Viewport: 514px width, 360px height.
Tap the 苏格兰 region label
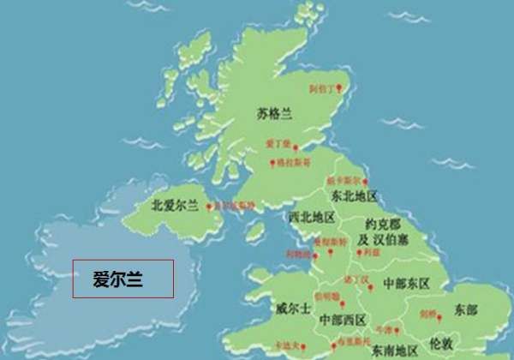click(x=274, y=113)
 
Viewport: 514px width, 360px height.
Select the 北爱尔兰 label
click(x=175, y=206)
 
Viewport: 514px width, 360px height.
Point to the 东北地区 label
click(x=354, y=197)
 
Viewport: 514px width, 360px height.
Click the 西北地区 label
click(x=312, y=217)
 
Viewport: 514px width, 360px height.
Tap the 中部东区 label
click(x=407, y=282)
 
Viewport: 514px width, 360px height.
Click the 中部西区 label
click(x=343, y=320)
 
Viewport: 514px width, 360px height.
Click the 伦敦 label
click(x=441, y=339)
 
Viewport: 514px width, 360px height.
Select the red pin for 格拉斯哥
click(x=272, y=163)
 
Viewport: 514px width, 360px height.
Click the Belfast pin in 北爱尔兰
click(x=209, y=207)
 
